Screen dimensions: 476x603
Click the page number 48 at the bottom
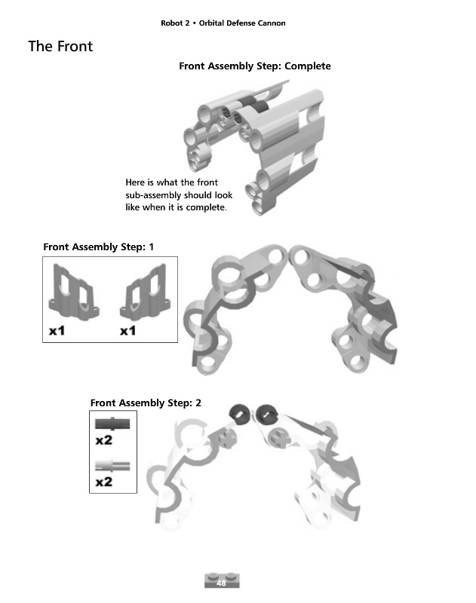221,583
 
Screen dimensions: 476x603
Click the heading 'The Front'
60,46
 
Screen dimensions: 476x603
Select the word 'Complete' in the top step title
308,66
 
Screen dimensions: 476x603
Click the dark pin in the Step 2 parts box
112,424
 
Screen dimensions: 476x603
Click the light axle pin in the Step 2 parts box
112,466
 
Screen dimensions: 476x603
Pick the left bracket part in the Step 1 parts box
73,292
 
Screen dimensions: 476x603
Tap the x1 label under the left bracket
57,331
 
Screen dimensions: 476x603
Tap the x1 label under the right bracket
127,331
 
